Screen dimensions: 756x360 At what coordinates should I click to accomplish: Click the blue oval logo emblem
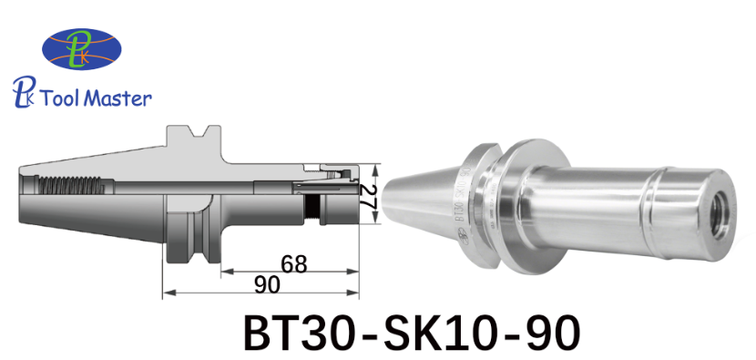click(82, 48)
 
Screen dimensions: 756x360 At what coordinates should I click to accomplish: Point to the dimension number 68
click(293, 264)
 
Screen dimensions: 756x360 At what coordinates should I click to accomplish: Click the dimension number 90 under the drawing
click(267, 285)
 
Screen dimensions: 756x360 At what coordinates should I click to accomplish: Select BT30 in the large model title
click(298, 333)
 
